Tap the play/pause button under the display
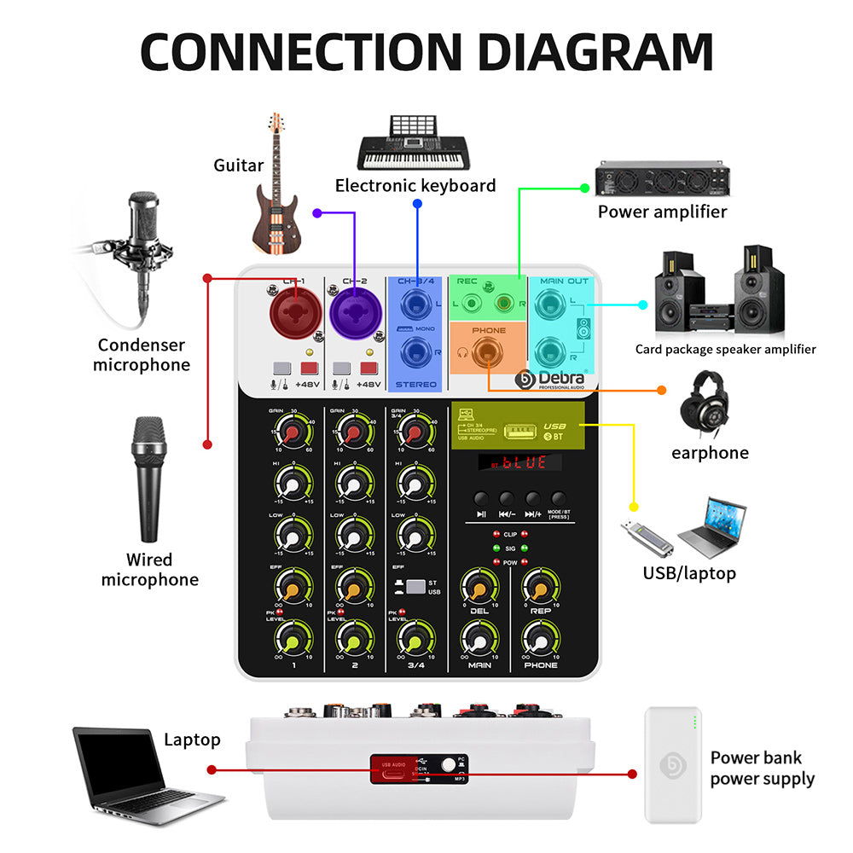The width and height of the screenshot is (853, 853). [x=482, y=500]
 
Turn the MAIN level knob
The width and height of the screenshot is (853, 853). [x=479, y=639]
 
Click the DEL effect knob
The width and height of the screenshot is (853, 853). [x=479, y=588]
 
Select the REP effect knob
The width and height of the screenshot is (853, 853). [x=541, y=588]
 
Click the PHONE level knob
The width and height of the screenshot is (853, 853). [x=541, y=639]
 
